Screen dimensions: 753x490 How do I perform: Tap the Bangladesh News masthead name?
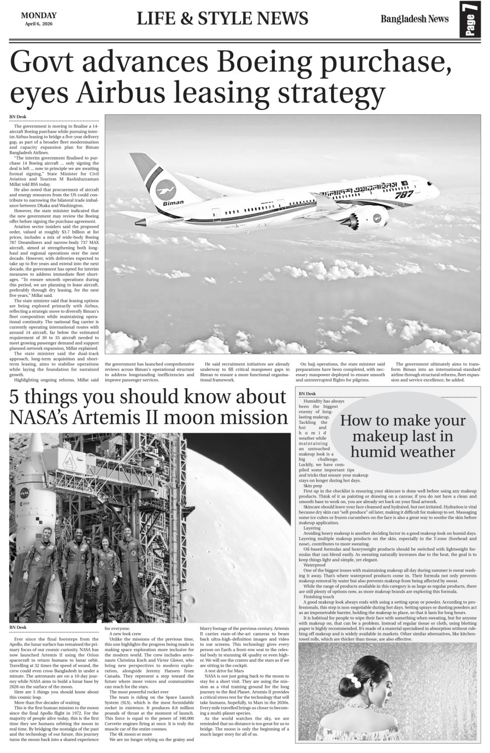pos(415,19)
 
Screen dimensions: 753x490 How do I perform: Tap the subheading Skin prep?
pos(313,486)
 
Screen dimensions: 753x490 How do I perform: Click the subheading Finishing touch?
pos(319,597)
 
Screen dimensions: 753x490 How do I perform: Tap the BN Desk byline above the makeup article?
pos(307,394)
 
